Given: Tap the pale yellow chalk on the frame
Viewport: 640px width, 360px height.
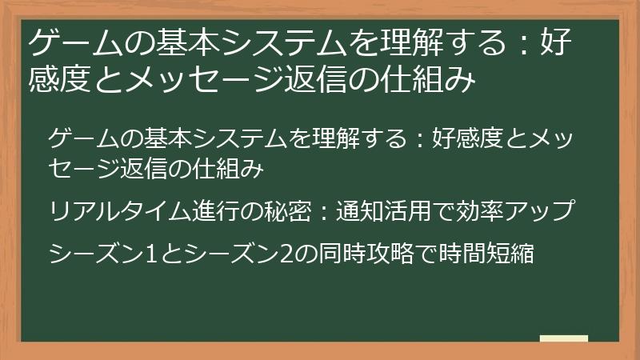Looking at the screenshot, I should click(563, 338).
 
